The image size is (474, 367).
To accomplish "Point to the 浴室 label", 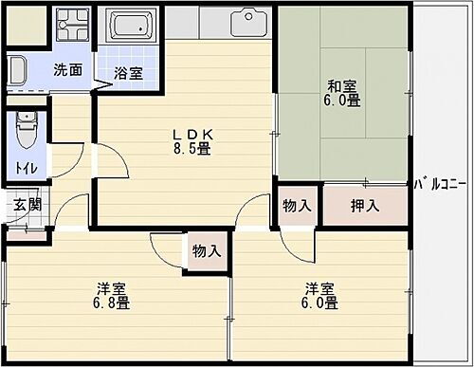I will point(129,73).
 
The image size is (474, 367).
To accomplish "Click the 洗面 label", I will point(66,69).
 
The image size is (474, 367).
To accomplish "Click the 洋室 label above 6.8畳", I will point(111,288).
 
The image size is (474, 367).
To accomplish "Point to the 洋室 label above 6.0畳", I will point(319,288).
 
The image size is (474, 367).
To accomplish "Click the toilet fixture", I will point(26,130).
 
